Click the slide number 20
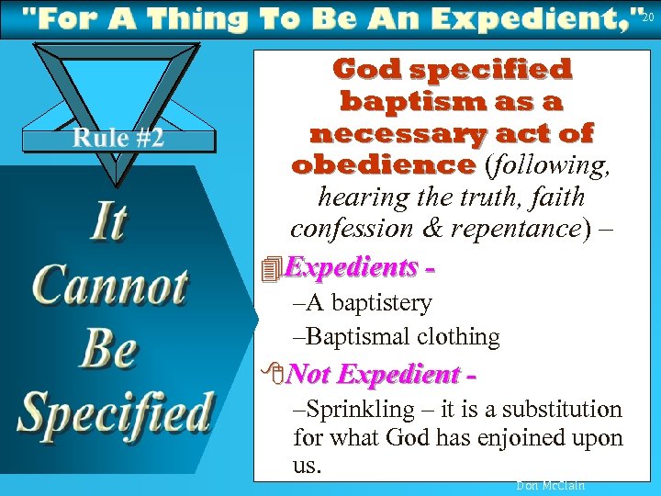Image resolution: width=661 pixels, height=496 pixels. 648,17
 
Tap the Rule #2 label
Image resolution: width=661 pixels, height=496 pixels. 118,138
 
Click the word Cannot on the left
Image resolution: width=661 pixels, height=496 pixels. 110,287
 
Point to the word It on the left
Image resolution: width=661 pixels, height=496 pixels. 108,223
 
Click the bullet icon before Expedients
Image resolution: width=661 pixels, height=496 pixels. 269,269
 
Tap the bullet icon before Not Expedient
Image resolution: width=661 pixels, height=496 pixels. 269,375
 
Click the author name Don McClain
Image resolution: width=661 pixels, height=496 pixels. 550,485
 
